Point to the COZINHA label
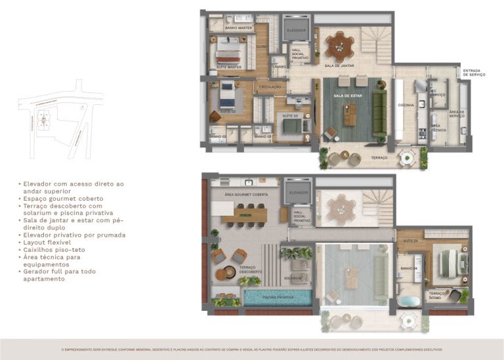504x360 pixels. [x=406, y=105]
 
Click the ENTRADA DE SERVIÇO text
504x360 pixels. [x=474, y=73]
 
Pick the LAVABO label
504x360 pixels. [x=278, y=67]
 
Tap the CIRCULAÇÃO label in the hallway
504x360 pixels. [x=270, y=87]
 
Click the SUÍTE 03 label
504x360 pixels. [x=290, y=115]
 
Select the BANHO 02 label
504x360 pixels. [x=219, y=136]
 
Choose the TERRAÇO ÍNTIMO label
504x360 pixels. [x=439, y=295]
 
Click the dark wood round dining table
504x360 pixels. [x=340, y=45]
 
